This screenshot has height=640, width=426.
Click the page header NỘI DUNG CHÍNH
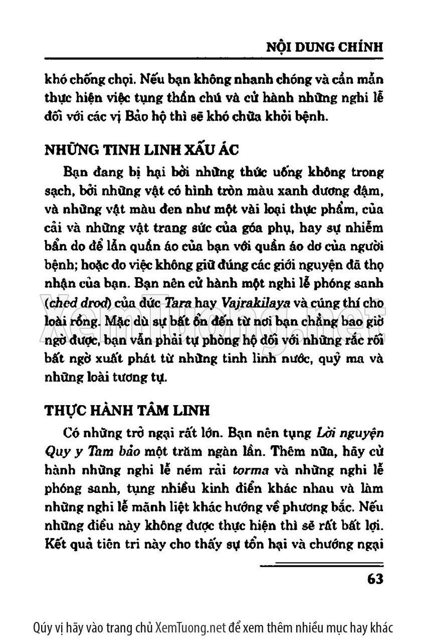(323, 48)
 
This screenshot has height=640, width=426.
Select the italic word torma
(250, 471)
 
